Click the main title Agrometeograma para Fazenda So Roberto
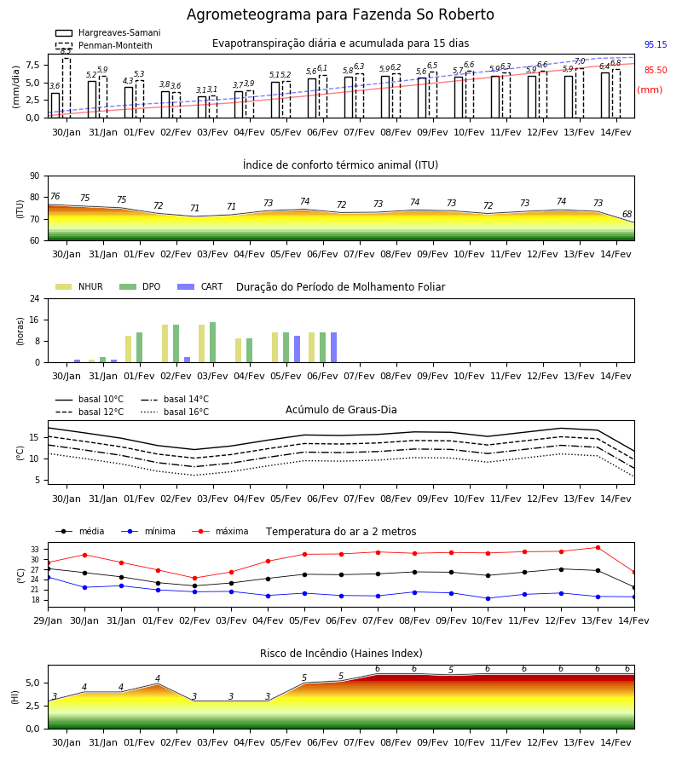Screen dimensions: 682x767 (x=340, y=14)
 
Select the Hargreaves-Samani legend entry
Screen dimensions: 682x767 (x=108, y=32)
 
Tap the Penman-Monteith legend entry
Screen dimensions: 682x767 (x=104, y=45)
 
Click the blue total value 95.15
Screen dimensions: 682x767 (x=656, y=44)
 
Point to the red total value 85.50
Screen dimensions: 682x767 (x=656, y=70)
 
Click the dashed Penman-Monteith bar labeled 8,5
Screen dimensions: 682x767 (x=66, y=88)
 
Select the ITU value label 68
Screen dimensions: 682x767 (x=627, y=214)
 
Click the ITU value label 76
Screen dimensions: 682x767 (x=55, y=196)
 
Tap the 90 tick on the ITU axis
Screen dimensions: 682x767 (x=35, y=176)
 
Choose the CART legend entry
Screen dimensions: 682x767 (x=200, y=286)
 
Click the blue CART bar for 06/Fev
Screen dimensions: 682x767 (x=333, y=348)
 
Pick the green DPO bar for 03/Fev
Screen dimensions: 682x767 (x=213, y=343)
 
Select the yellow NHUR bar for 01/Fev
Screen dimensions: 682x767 (x=128, y=349)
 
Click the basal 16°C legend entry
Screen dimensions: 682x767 (x=175, y=412)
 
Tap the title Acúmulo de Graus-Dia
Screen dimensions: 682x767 (x=341, y=410)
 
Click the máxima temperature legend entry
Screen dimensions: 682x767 (x=220, y=531)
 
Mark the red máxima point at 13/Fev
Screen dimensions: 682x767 (x=598, y=547)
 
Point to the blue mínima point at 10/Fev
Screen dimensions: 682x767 (x=488, y=598)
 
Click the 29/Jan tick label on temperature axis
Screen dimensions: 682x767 (x=48, y=620)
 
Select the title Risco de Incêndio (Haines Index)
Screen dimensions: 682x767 (x=341, y=654)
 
